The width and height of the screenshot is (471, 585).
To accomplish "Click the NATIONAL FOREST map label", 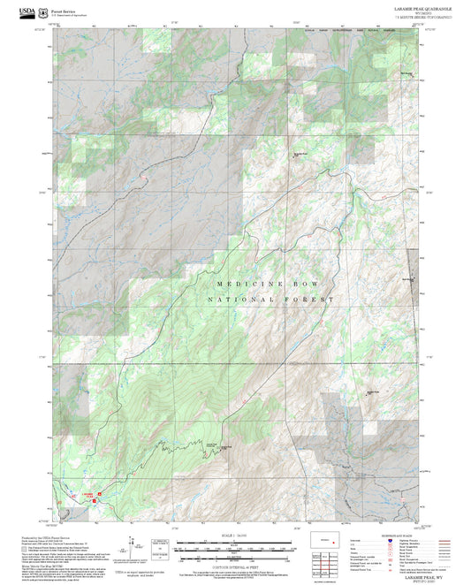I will pos(271,300).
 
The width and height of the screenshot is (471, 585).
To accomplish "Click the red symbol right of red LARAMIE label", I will pos(100,494).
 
